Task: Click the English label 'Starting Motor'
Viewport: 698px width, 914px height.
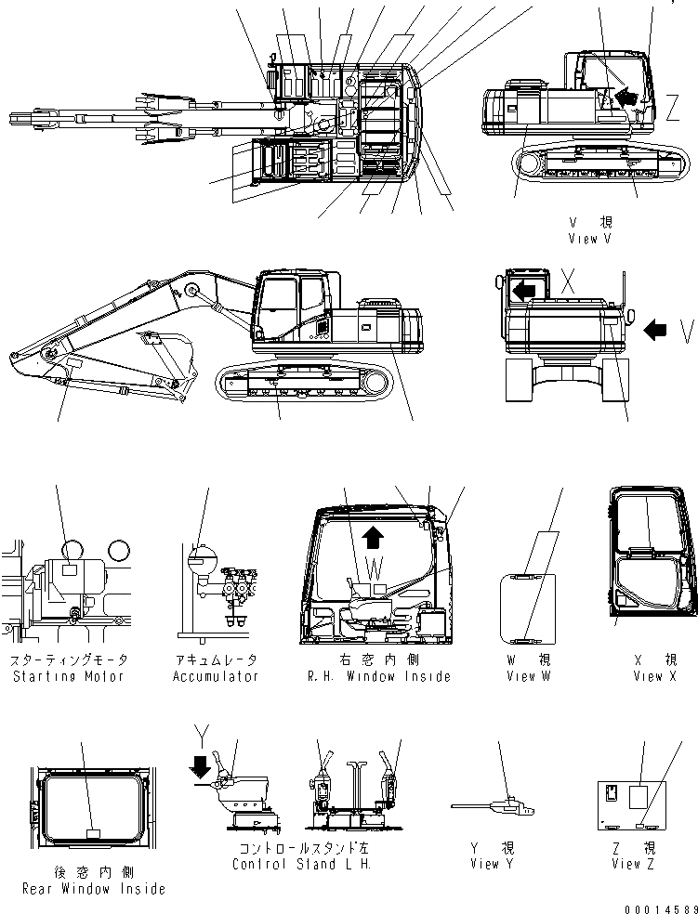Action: [68, 676]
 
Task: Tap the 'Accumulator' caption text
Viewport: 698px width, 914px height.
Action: [216, 676]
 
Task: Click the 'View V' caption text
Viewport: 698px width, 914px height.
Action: [589, 239]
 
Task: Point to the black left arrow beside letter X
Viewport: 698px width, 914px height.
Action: [523, 290]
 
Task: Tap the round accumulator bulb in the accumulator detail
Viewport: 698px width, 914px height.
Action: [197, 559]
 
